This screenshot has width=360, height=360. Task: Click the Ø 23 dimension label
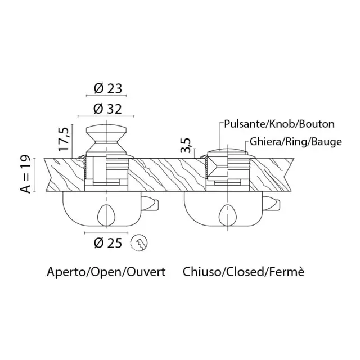click(107, 88)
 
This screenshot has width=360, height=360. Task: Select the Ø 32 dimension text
click(107, 109)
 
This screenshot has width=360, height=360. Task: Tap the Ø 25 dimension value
click(107, 243)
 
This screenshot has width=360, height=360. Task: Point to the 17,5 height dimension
click(64, 139)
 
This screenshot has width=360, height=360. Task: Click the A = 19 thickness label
click(25, 174)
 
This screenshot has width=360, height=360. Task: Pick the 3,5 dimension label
click(186, 146)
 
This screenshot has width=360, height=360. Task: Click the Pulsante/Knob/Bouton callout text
click(279, 124)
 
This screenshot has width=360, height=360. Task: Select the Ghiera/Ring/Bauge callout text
click(296, 142)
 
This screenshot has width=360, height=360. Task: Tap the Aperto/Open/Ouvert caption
click(106, 272)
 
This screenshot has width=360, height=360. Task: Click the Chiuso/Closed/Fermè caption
click(244, 272)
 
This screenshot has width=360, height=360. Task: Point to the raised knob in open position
click(106, 138)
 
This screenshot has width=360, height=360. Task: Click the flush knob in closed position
click(227, 151)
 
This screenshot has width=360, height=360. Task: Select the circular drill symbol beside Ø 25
click(139, 243)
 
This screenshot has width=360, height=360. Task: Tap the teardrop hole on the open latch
click(106, 215)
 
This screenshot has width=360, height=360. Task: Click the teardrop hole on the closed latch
click(227, 215)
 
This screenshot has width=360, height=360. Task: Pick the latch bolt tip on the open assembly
click(156, 205)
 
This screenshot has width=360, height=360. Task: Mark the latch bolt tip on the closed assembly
click(278, 205)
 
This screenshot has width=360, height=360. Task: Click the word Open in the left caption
click(106, 272)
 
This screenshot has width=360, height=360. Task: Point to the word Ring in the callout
click(294, 142)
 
